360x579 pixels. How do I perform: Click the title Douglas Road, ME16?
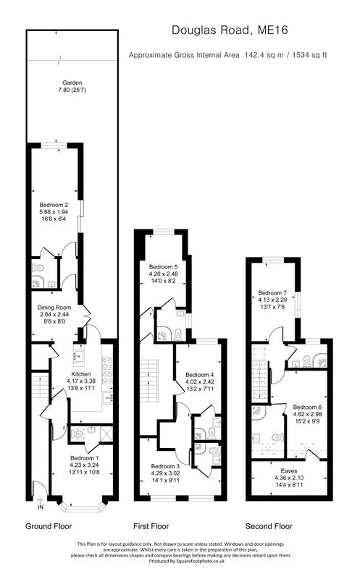point(230,30)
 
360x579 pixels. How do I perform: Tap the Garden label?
point(72,83)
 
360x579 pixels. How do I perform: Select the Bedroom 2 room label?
point(54,205)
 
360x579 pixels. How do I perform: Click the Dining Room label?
point(54,307)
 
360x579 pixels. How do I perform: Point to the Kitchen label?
point(81,374)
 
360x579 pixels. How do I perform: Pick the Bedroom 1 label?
point(84,458)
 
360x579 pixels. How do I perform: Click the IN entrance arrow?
point(41,504)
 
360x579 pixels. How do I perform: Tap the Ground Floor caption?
point(49,526)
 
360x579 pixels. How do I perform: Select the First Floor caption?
point(151,526)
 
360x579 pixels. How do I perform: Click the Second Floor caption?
point(269,526)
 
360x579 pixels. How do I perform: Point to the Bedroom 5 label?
point(164,266)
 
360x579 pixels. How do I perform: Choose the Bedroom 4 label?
point(200,375)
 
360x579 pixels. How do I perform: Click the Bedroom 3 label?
point(165,466)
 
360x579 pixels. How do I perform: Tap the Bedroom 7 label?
point(272,293)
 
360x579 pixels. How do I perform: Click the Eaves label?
point(289,471)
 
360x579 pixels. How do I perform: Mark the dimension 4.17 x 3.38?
point(81,381)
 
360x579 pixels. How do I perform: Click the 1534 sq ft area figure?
point(309,56)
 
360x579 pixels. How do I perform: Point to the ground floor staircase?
point(40,386)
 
